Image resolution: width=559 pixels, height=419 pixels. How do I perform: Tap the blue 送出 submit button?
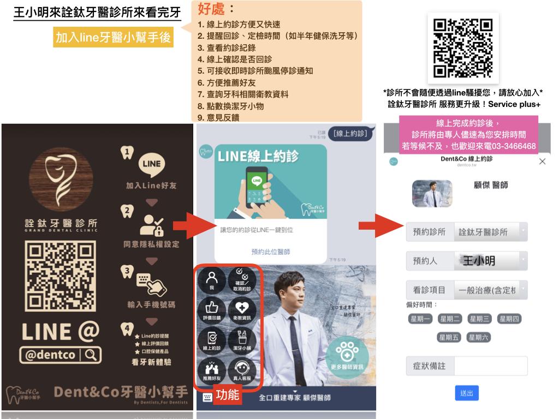point(466,393)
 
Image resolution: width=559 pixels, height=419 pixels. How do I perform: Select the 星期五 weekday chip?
point(449,337)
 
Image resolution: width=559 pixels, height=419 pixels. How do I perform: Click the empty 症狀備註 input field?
point(491,366)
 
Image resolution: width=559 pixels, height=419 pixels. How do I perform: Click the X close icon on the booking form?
point(542,161)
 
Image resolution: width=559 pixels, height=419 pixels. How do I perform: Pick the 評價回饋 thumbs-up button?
point(212,310)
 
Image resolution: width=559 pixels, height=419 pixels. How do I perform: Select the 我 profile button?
point(212,279)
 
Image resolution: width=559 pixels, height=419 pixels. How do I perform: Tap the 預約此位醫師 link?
point(270,252)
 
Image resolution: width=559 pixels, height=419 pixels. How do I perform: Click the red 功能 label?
point(228,395)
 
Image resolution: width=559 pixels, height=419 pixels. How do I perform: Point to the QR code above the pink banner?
point(463,48)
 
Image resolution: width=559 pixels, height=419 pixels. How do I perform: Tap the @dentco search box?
point(61,355)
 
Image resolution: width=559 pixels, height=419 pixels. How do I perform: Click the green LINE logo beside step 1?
point(151,163)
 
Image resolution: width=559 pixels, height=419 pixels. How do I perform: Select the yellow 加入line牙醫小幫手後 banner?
point(114,38)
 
